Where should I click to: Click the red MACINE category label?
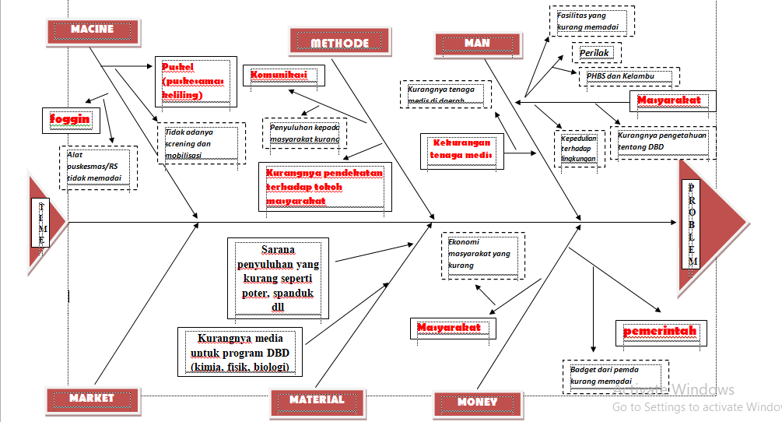92,30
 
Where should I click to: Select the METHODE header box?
339,43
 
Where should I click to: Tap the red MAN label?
477,44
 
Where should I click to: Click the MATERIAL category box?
317,400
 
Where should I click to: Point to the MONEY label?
477,403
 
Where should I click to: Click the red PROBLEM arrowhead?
708,226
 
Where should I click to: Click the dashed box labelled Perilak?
598,53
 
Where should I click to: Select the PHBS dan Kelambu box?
629,76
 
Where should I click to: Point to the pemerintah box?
661,332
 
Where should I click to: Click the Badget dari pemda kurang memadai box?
615,375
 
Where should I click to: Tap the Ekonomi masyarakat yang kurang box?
482,255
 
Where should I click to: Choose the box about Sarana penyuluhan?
278,278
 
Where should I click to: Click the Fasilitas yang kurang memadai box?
591,22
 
